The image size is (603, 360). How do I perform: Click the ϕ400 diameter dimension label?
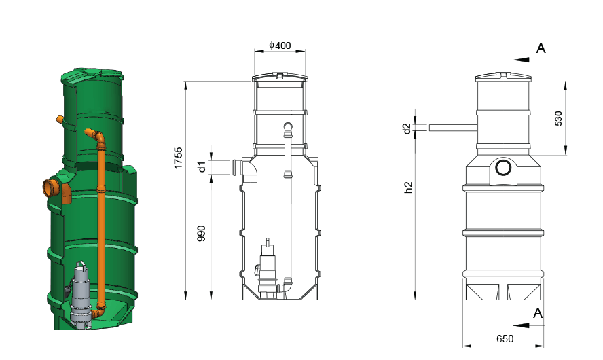point(280,46)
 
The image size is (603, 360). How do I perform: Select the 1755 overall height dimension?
point(178,158)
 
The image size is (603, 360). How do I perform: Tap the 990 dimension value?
point(201,234)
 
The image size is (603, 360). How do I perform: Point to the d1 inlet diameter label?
point(202,166)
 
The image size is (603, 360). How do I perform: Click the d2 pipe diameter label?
point(407,128)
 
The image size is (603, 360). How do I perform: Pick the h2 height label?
point(408,187)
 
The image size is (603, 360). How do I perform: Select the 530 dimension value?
point(558,118)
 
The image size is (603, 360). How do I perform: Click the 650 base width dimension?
point(505,338)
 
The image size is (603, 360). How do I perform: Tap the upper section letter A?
point(541,48)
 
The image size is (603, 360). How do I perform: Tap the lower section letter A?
point(538,313)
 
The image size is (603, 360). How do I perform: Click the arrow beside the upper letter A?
point(521,60)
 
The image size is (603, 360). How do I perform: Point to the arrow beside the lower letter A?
point(521,325)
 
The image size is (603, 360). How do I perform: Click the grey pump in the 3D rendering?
point(81,294)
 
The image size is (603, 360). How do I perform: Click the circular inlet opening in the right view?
point(503,168)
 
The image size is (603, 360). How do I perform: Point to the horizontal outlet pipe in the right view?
point(453,128)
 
